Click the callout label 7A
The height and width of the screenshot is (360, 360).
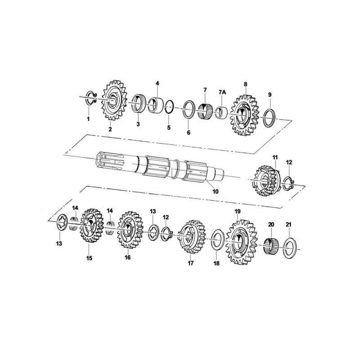[x=222, y=92]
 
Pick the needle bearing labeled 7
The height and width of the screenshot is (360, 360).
[x=205, y=111]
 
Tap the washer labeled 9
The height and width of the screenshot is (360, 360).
[x=270, y=117]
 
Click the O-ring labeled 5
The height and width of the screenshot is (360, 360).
[x=170, y=108]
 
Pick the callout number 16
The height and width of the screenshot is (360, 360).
[x=127, y=258]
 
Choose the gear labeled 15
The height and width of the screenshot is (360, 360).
[x=90, y=230]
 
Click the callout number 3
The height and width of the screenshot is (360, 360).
[x=138, y=124]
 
